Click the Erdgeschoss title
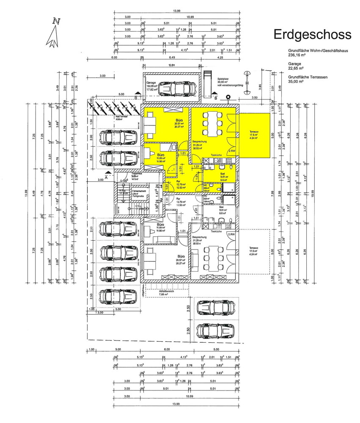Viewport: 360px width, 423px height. [312, 34]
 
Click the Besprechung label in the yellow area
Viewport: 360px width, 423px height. [199, 142]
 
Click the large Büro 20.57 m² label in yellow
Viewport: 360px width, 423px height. [179, 121]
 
